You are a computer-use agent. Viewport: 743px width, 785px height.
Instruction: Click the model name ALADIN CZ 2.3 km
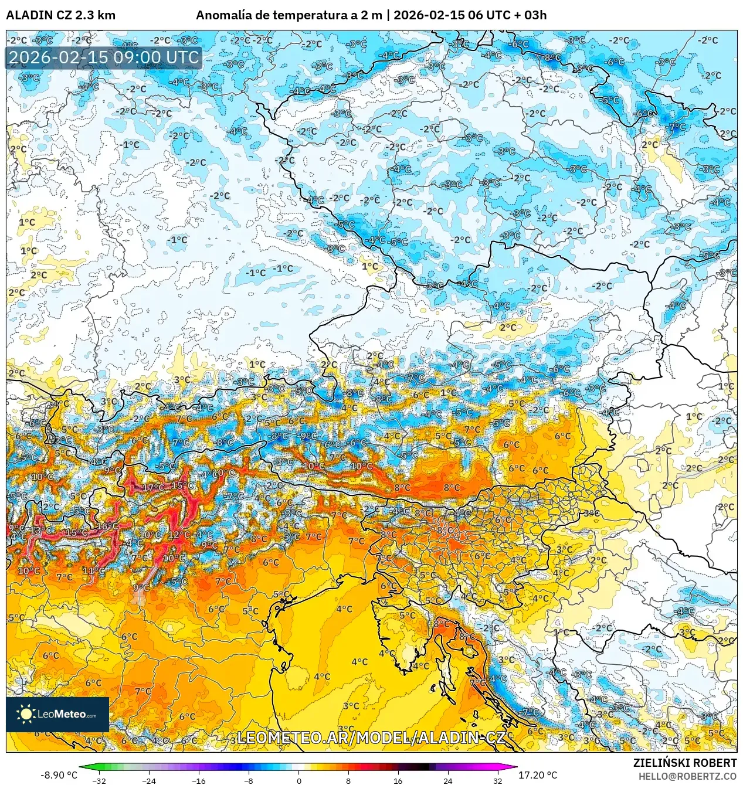click(x=60, y=15)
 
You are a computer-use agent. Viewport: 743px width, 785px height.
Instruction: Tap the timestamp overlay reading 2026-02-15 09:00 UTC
click(x=104, y=57)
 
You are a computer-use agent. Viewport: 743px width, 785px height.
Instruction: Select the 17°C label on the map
click(x=153, y=487)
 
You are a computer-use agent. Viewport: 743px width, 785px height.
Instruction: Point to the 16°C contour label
click(x=107, y=526)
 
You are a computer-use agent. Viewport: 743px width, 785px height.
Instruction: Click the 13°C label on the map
click(x=41, y=530)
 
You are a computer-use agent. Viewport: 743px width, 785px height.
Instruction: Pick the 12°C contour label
click(x=179, y=535)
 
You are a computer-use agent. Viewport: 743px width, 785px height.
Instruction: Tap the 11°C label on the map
click(x=93, y=570)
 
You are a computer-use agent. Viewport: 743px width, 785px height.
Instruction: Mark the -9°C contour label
click(x=308, y=436)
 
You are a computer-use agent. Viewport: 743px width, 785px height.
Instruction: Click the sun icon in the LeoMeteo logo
click(x=26, y=713)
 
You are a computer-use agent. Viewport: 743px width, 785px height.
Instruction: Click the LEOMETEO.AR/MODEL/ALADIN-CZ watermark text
click(x=371, y=738)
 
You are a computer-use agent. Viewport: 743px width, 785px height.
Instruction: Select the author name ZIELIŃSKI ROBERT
click(x=684, y=763)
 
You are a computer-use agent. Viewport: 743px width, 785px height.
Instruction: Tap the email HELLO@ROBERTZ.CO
click(x=687, y=776)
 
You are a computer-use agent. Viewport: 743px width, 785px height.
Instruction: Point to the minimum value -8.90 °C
click(x=59, y=775)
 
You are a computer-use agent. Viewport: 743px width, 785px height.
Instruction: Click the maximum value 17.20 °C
click(x=538, y=775)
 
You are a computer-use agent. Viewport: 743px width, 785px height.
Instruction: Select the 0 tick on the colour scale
click(x=298, y=780)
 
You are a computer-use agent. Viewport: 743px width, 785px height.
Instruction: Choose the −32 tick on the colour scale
click(x=99, y=780)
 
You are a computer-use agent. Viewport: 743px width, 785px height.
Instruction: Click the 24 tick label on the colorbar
click(x=448, y=780)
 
